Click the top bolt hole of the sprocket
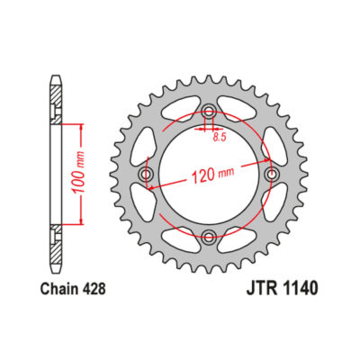click(209, 112)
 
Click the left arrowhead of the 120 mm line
click(151, 186)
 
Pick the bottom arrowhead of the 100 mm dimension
click(82, 221)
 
